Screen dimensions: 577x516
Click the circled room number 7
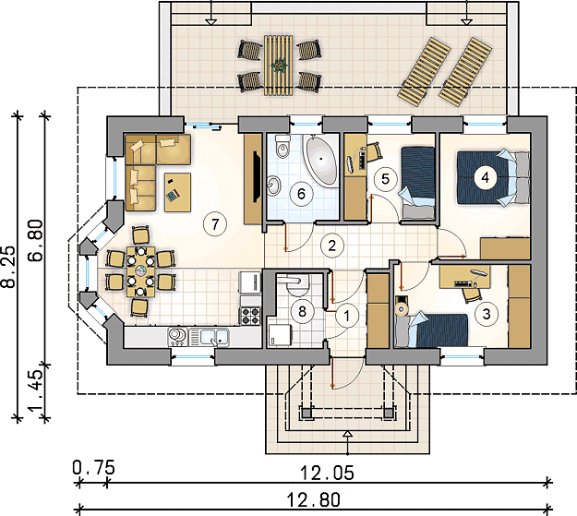[x=215, y=223]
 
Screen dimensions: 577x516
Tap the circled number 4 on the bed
[x=486, y=178]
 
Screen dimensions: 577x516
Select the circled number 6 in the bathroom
[x=301, y=194]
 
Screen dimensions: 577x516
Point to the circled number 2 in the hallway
[x=332, y=246]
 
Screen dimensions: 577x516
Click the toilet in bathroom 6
[x=282, y=147]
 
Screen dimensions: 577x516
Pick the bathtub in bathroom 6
[x=321, y=160]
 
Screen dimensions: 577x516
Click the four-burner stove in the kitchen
[x=250, y=316]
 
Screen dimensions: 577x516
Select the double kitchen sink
[x=209, y=337]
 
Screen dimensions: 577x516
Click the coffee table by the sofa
[x=177, y=192]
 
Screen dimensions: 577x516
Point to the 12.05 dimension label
[x=327, y=473]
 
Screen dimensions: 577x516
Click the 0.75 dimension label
[x=93, y=468]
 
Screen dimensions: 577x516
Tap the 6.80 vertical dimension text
[x=36, y=240]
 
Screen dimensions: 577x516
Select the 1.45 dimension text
[x=36, y=390]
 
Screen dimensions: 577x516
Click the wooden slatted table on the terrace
[x=278, y=66]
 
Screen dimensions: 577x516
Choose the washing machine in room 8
[x=280, y=335]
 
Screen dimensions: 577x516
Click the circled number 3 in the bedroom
[x=487, y=314]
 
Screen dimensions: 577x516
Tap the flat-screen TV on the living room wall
[x=257, y=176]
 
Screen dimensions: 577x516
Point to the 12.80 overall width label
[x=314, y=500]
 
